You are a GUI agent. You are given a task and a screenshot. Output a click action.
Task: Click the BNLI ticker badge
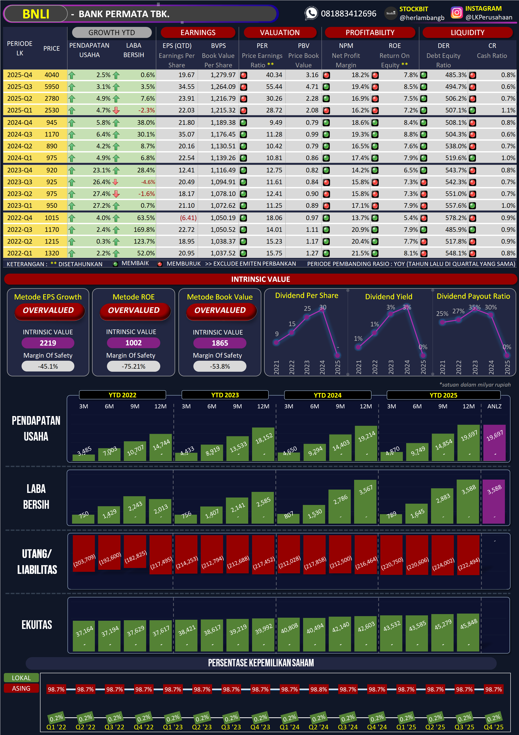pyautogui.click(x=36, y=14)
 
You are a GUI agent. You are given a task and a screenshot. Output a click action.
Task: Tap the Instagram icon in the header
pyautogui.click(x=456, y=13)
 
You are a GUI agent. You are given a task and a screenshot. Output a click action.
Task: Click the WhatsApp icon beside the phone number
pyautogui.click(x=311, y=13)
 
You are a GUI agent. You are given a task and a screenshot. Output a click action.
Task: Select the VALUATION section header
pyautogui.click(x=280, y=33)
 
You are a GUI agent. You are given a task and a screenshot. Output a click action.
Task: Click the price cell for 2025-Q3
pyautogui.click(x=52, y=87)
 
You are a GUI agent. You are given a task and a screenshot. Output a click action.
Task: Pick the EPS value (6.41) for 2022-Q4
pyautogui.click(x=188, y=218)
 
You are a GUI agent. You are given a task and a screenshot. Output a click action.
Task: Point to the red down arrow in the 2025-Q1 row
pyautogui.click(x=116, y=110)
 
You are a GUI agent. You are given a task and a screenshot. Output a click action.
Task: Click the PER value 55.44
pyautogui.click(x=274, y=87)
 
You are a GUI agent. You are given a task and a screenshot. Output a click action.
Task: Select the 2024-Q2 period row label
pyautogui.click(x=19, y=146)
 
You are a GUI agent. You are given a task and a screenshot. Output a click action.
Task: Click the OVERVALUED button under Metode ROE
pyautogui.click(x=134, y=310)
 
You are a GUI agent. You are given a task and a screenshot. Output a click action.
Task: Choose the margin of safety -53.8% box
pyautogui.click(x=220, y=367)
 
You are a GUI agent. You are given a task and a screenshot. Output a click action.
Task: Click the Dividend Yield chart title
pyautogui.click(x=389, y=297)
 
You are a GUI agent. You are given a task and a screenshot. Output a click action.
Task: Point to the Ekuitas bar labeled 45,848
pyautogui.click(x=468, y=632)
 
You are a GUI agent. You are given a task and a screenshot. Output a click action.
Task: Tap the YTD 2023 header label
pyautogui.click(x=225, y=395)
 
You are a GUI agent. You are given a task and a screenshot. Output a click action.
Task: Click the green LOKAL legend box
pyautogui.click(x=21, y=678)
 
